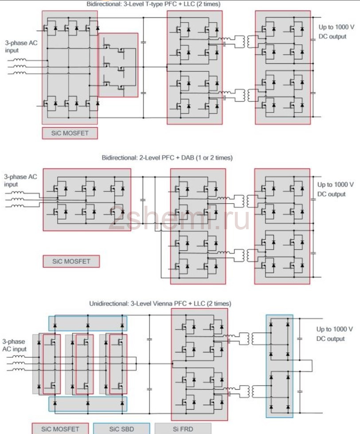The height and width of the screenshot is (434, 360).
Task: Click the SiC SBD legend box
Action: (121, 429)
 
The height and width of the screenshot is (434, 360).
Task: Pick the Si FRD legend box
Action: (183, 429)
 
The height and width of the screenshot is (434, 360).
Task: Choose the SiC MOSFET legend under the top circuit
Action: (70, 133)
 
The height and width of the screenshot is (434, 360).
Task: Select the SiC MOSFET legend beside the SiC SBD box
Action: (60, 429)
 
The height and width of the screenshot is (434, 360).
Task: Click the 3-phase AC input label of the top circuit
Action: (21, 47)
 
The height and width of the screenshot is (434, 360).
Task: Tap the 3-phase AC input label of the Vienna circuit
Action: (14, 345)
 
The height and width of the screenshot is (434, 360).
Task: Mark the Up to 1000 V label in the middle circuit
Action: (335, 184)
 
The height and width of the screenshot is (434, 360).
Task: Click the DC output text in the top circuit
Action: (333, 36)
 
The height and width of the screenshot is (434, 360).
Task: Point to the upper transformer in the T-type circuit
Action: (246, 42)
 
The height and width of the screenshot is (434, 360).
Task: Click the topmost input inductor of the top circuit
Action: (20, 59)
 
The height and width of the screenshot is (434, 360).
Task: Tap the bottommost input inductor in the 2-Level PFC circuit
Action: (17, 206)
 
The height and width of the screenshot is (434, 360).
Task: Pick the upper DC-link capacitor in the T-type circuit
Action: (143, 42)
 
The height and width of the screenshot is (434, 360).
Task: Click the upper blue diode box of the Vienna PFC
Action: (88, 323)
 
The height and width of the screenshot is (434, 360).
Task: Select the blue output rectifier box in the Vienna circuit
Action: (279, 366)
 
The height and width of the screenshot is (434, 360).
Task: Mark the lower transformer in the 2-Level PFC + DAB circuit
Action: (245, 255)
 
